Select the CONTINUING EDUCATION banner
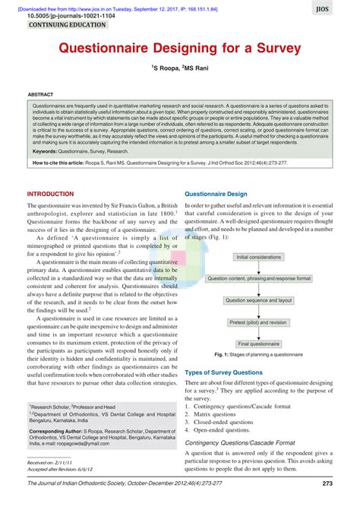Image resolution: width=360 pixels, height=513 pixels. tap(66, 25)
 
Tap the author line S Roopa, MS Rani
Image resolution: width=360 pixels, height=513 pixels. tap(179, 68)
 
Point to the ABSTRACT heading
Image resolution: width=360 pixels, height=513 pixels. tap(40, 95)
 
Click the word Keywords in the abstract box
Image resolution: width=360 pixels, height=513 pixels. tap(46, 151)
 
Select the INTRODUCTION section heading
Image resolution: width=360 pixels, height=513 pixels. tap(51, 194)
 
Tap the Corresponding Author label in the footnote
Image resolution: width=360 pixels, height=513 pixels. tap(57, 431)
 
